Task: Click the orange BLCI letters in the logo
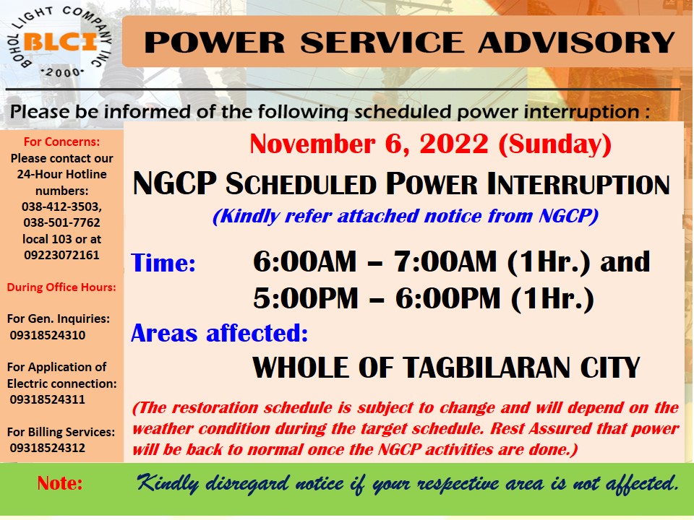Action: pos(60,43)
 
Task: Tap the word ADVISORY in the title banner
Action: pos(577,43)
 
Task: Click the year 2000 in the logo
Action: pos(61,72)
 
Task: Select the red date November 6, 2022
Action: pos(369,144)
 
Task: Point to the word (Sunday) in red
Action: pos(555,144)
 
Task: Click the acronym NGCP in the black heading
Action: pos(175,183)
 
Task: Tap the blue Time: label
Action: pos(163,263)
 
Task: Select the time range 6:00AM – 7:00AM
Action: pos(375,261)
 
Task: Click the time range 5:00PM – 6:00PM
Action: pos(377,298)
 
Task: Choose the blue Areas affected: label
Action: pos(220,333)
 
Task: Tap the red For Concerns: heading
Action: pos(61,142)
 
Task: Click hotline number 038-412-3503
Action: pos(61,207)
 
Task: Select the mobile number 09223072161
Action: pos(61,255)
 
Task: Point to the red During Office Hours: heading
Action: pos(61,287)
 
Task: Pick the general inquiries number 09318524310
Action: pos(48,335)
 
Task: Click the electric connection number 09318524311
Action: pos(48,399)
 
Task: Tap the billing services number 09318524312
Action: pos(48,448)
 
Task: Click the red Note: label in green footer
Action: pos(60,483)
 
